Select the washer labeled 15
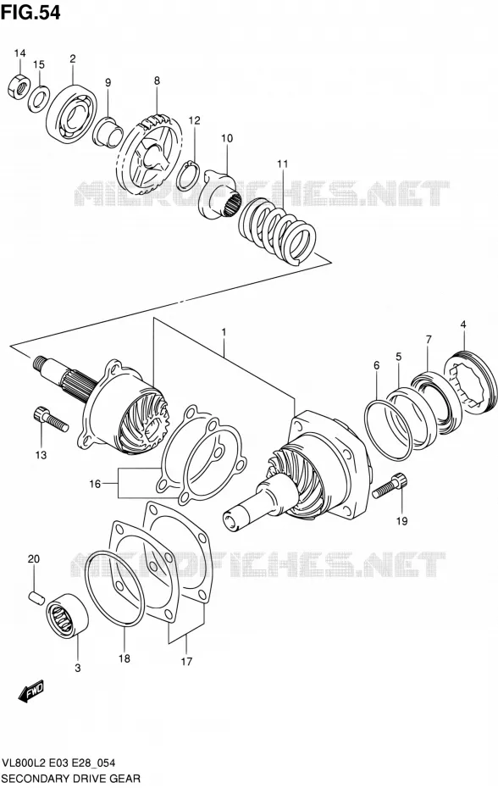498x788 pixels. (x=38, y=97)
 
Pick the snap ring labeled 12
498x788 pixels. (x=190, y=175)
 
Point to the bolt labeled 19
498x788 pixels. (x=390, y=486)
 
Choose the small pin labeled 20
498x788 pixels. (x=36, y=596)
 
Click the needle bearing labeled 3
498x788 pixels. (x=67, y=614)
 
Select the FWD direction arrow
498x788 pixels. (x=31, y=691)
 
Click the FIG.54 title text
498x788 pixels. (x=30, y=12)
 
